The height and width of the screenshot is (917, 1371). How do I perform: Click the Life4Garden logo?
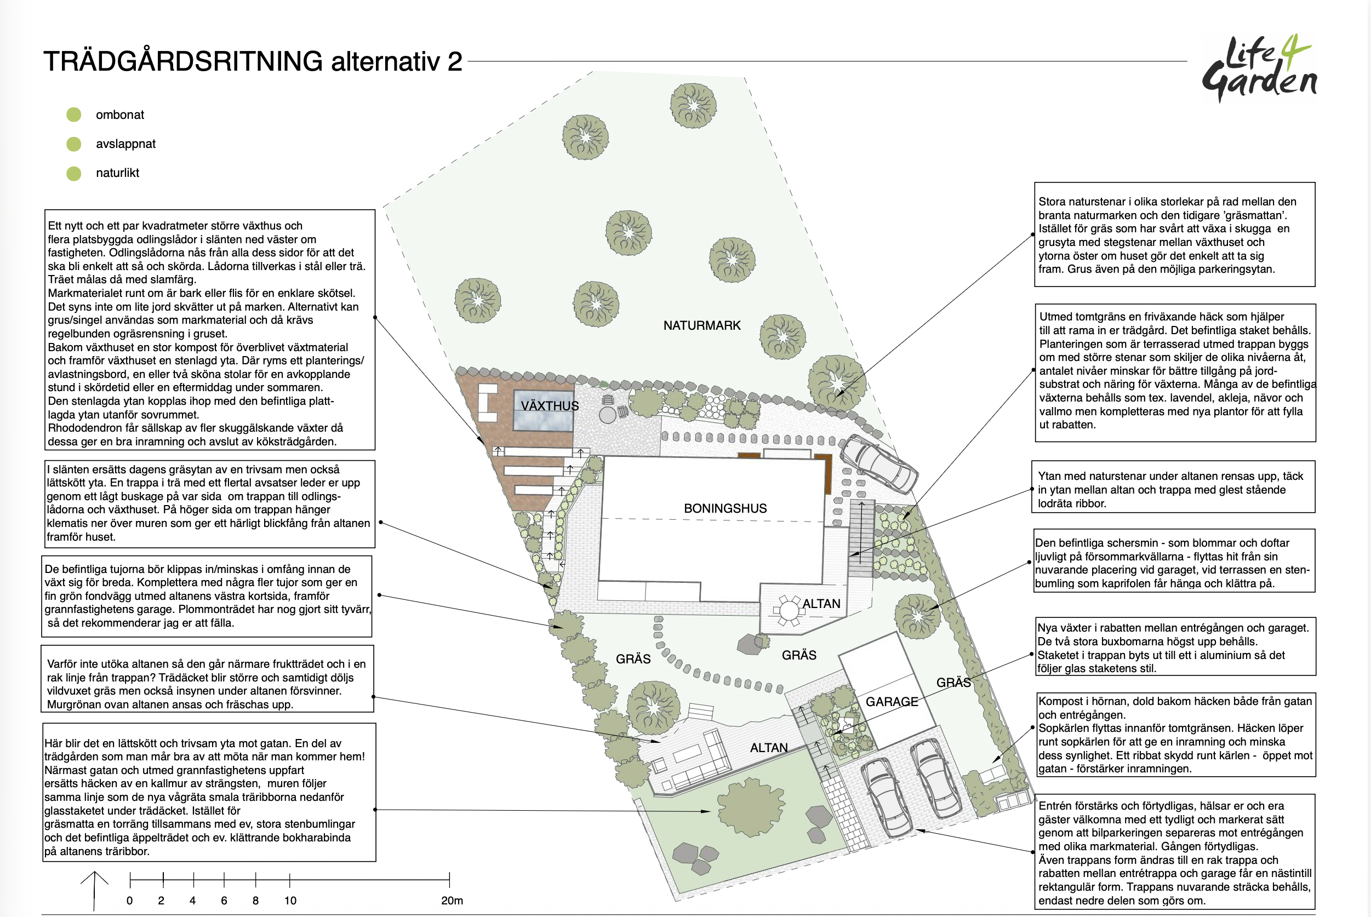tap(1259, 69)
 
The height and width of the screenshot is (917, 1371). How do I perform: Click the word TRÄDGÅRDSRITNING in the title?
tap(183, 61)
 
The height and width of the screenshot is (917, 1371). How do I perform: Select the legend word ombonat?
tap(120, 114)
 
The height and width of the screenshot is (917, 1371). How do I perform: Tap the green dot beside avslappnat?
tap(73, 144)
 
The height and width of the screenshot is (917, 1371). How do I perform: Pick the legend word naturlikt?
tap(118, 173)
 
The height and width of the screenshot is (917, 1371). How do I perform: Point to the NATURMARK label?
tap(702, 325)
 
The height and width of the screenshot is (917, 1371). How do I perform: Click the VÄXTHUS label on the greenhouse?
tap(550, 406)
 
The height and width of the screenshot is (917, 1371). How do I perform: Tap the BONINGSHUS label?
tap(726, 508)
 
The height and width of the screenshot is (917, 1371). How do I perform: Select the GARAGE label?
tap(892, 702)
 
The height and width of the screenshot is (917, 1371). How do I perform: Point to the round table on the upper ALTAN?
tap(789, 611)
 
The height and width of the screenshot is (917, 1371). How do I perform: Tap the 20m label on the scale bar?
tap(452, 901)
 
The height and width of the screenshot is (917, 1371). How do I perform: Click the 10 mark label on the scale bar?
tap(290, 901)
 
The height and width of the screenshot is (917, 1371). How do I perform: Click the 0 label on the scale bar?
tap(130, 901)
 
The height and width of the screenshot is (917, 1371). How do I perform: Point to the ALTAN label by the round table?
tap(821, 604)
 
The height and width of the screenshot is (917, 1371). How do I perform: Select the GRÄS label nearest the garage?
tap(953, 683)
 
